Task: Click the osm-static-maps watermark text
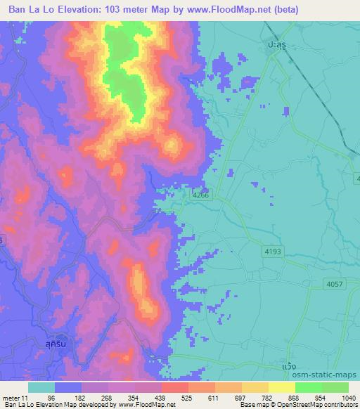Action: point(330,375)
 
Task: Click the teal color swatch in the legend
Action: point(41,387)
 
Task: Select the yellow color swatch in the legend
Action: point(282,387)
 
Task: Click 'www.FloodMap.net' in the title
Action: point(226,10)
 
